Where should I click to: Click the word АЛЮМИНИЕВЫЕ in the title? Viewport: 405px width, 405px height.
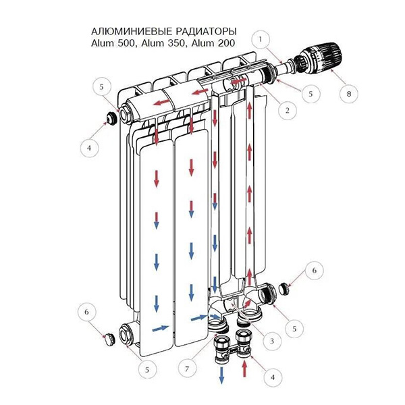tap(132, 32)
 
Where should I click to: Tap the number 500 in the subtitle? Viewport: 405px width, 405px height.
tap(126, 43)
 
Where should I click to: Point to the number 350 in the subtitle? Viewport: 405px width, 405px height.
tap(176, 43)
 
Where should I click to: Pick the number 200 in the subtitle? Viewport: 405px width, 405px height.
tap(226, 43)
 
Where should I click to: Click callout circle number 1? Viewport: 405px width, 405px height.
tap(261, 40)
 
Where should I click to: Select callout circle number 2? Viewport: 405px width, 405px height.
tap(288, 111)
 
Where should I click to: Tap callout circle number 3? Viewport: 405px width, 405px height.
tap(272, 341)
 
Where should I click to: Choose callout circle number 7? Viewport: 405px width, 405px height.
tap(187, 369)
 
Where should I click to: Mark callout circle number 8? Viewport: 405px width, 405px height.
tap(349, 94)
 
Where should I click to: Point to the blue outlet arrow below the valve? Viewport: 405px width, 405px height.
tap(221, 375)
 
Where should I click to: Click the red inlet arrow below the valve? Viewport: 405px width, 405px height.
tap(244, 370)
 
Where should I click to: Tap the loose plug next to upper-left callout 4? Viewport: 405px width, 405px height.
tap(111, 118)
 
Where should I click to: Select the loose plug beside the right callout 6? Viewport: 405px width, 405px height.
tap(284, 288)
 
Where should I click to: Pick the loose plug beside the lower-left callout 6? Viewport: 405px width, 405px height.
tap(109, 339)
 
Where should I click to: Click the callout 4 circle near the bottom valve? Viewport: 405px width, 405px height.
tap(273, 377)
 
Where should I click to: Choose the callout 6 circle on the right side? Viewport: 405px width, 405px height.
tap(314, 271)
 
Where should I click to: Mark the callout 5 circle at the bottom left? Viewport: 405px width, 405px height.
tap(147, 370)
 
